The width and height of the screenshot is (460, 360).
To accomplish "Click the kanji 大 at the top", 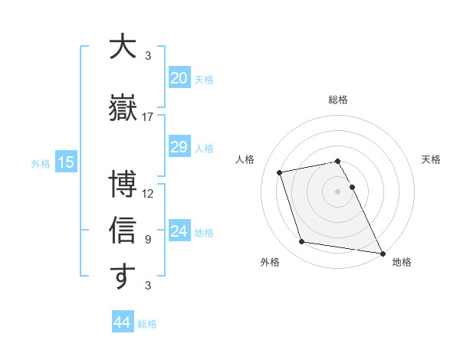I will point(123,47).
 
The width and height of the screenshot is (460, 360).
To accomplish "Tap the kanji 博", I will point(123,185).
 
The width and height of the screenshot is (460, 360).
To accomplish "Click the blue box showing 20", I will point(179,78).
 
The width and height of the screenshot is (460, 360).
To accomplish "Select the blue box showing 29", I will point(179,147).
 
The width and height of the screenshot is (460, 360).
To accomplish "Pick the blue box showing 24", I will point(179,231).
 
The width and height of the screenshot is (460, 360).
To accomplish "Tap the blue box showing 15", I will point(65,162).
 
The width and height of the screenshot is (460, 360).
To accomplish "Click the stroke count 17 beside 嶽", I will point(148,117).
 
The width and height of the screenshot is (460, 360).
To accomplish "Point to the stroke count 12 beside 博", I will point(148,193).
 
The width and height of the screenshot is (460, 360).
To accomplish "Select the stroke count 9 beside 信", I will point(148,240).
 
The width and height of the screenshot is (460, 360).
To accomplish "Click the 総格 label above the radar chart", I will point(338,100).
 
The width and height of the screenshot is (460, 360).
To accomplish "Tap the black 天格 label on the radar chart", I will point(431,159).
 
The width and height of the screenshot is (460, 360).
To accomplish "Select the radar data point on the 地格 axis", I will point(382,253).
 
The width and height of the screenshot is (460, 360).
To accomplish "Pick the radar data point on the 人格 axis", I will point(280,172).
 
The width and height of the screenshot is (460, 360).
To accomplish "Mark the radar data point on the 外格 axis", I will point(302,242).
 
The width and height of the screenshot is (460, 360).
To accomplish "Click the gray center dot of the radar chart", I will point(338,191).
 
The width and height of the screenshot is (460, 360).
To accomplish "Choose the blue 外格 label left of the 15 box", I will point(40,163).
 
